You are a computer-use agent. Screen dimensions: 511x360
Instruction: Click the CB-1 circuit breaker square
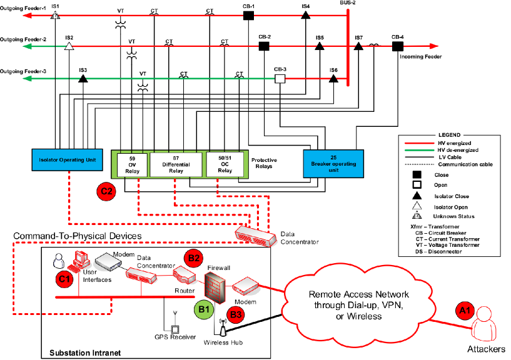[248, 15]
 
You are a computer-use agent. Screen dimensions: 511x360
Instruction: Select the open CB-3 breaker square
[280, 79]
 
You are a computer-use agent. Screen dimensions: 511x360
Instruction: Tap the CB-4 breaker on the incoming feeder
[397, 46]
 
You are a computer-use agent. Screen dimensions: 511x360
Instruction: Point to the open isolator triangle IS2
[69, 46]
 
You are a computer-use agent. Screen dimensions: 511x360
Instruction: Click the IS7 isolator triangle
[358, 46]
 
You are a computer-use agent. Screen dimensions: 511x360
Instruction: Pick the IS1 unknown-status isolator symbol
[55, 14]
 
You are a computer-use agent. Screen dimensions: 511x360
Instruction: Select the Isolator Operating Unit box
[67, 160]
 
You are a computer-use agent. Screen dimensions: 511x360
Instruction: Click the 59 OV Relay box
[132, 165]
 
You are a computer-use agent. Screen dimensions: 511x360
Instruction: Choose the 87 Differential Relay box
[176, 164]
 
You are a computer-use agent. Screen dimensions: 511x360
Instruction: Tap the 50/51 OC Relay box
[225, 164]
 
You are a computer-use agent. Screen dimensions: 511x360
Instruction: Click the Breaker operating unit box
[333, 164]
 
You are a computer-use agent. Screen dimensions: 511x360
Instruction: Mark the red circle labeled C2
[106, 192]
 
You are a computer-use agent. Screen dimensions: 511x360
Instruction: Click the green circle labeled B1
[204, 309]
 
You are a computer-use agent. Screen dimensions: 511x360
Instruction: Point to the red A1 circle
[465, 311]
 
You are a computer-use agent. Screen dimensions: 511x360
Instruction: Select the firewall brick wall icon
[215, 288]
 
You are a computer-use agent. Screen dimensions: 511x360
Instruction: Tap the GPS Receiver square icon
[175, 330]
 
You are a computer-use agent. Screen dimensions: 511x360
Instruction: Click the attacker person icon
[485, 326]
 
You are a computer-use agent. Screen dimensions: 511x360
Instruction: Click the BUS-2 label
[347, 2]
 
